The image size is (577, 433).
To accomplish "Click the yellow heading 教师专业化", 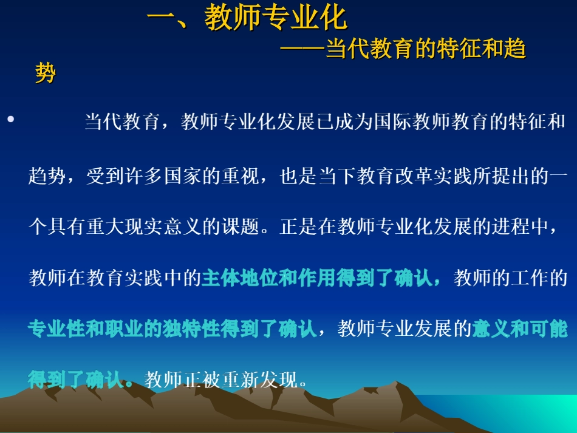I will [x=276, y=18].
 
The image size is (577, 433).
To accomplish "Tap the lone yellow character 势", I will [x=45, y=73].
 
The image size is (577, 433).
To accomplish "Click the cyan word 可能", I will [x=548, y=330].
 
